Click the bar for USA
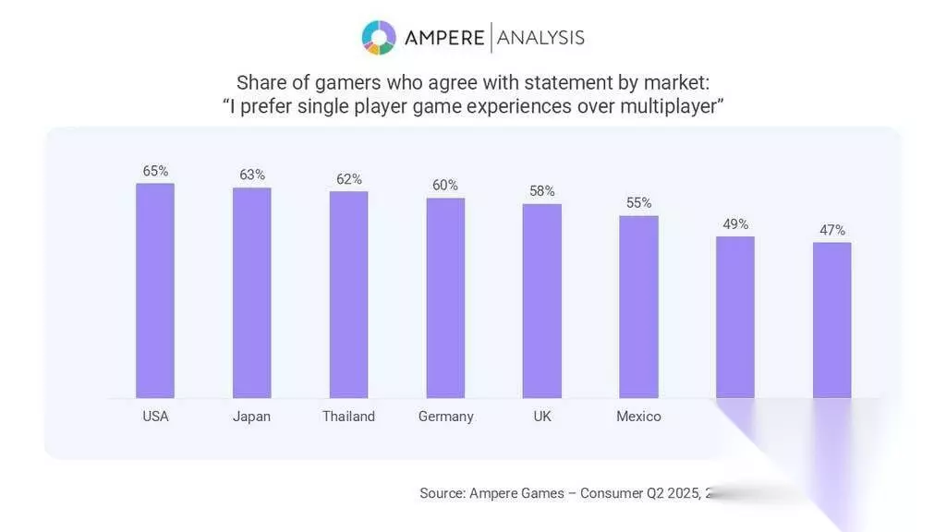coord(155,290)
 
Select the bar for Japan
coord(251,293)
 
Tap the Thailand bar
coord(348,295)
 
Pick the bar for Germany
coord(445,297)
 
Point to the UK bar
coord(542,300)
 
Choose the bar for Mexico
coord(638,307)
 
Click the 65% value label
coord(155,171)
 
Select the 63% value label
coord(251,175)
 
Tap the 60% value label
coord(445,185)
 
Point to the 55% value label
coord(638,202)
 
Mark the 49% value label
coord(735,224)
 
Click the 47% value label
coord(832,230)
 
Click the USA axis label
coord(155,417)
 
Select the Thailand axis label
coord(348,417)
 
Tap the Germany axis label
coord(445,417)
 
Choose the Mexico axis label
coord(638,417)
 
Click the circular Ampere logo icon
coord(379,37)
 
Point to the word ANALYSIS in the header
coord(541,37)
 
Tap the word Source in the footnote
coord(442,493)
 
